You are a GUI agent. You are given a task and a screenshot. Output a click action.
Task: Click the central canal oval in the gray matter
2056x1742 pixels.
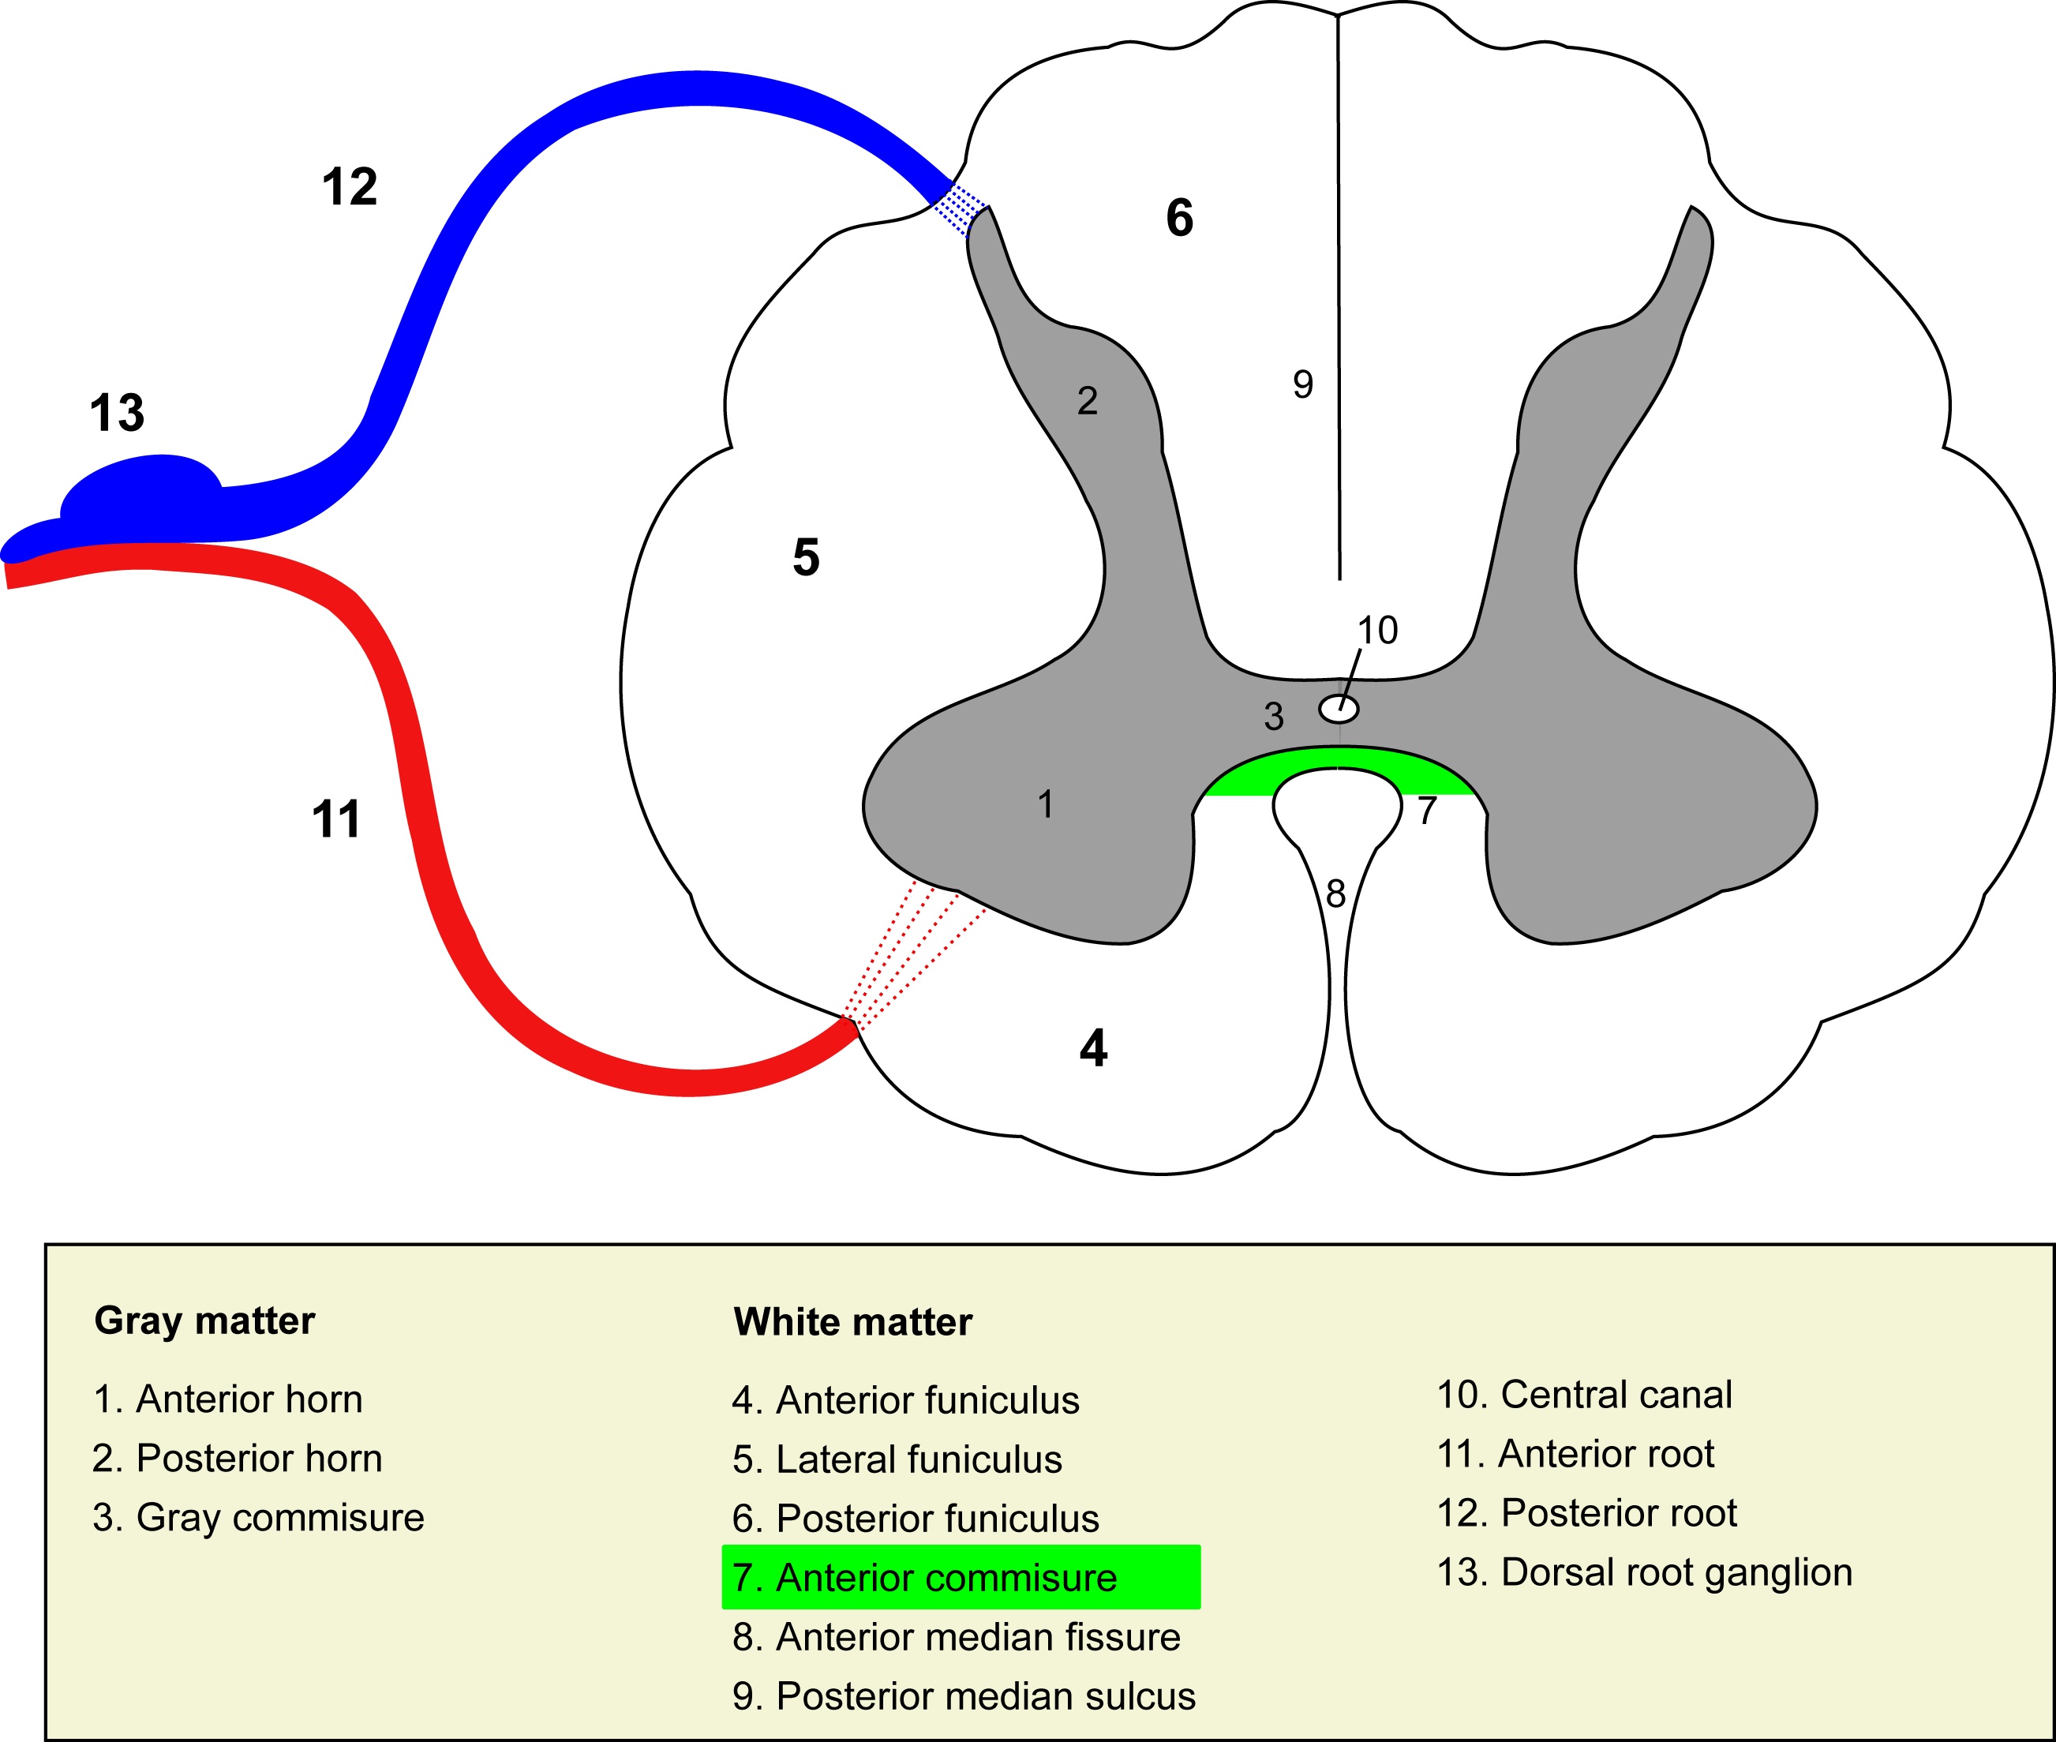pyautogui.click(x=1339, y=708)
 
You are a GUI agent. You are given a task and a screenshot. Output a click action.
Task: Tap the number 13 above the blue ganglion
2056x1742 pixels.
pyautogui.click(x=118, y=413)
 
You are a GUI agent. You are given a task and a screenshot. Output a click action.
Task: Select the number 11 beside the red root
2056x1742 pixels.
pyautogui.click(x=335, y=819)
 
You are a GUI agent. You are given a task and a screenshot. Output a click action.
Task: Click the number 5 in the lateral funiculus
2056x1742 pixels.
pyautogui.click(x=806, y=557)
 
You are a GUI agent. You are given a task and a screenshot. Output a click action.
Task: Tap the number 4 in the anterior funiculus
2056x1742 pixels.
pyautogui.click(x=1093, y=1047)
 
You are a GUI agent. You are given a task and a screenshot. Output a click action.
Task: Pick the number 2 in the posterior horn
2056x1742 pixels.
pyautogui.click(x=1088, y=401)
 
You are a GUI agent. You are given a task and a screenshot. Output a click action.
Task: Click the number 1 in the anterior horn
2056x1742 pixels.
pyautogui.click(x=1046, y=805)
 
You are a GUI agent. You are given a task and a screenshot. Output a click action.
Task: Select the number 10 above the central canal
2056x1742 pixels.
pyautogui.click(x=1377, y=630)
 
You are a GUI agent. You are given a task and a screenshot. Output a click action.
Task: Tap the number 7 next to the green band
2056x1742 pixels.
pyautogui.click(x=1427, y=811)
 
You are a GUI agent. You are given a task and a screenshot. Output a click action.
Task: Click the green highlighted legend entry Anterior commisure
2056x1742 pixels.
pyautogui.click(x=960, y=1577)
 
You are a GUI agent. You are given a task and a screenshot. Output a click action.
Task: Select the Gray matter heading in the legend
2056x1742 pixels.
pyautogui.click(x=204, y=1321)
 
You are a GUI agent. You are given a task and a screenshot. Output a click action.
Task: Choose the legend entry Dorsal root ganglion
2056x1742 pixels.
pyautogui.click(x=1644, y=1572)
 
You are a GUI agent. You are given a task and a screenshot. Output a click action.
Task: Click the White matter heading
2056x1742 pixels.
pyautogui.click(x=852, y=1321)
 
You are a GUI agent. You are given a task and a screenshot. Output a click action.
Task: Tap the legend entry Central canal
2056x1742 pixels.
pyautogui.click(x=1584, y=1395)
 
